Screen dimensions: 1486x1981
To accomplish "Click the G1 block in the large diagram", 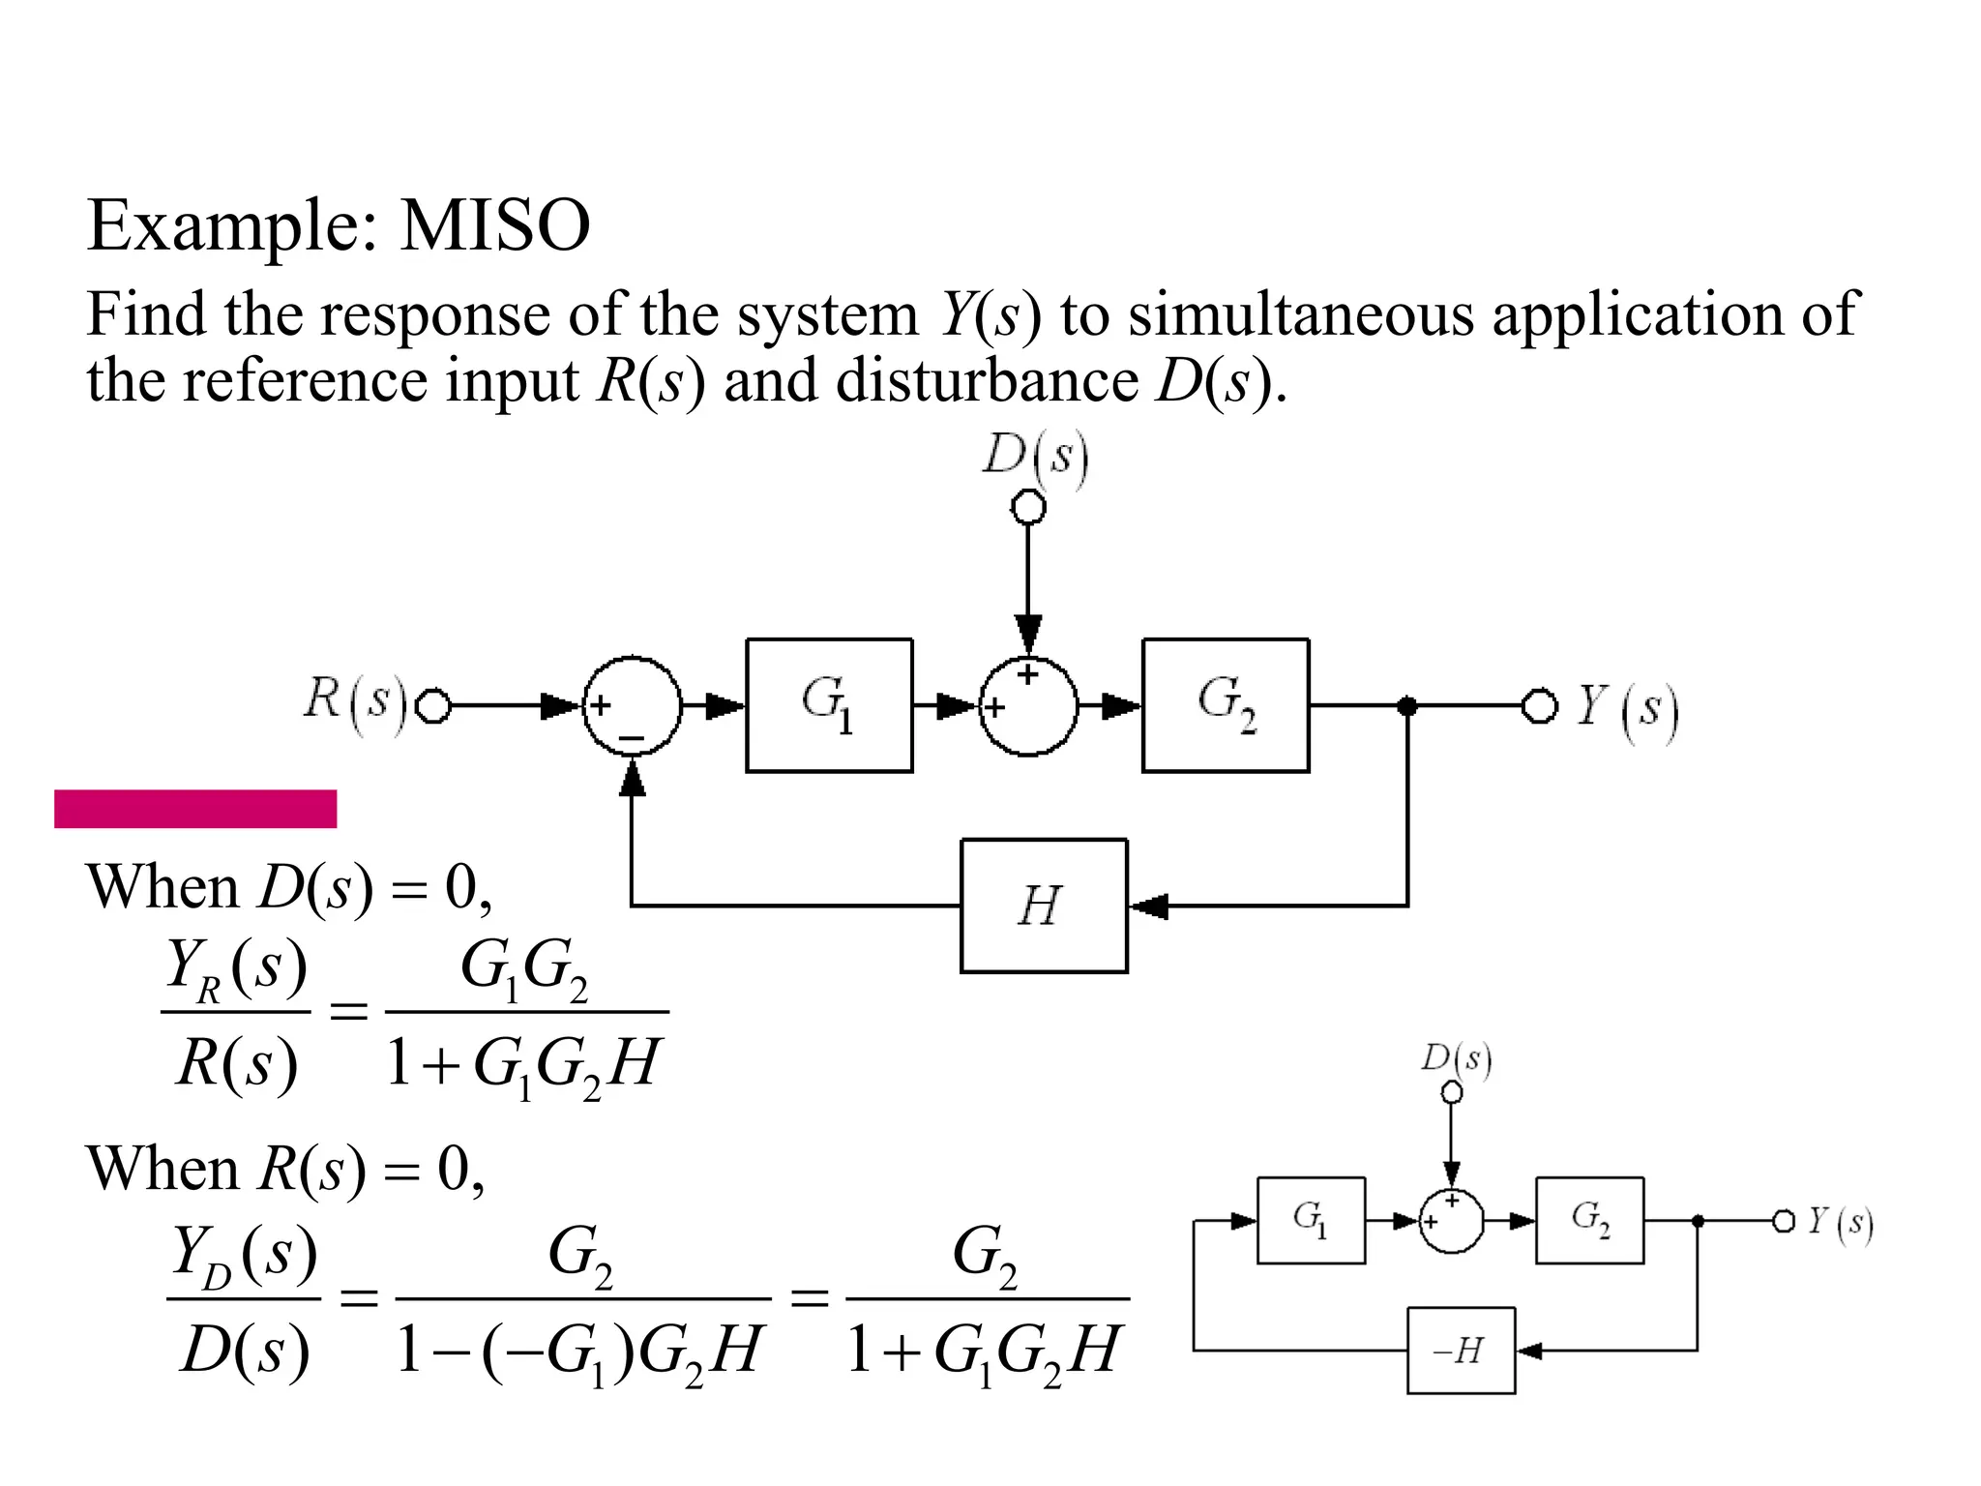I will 829,705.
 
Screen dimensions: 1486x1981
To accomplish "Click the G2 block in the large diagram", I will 1226,705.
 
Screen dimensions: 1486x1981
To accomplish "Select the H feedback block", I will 1044,906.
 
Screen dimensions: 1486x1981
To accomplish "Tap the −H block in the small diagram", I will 1461,1351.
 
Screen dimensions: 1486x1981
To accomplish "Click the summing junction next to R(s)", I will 632,706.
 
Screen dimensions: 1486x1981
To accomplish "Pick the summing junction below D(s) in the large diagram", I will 1028,706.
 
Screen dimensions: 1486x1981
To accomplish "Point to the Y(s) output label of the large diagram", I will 1627,708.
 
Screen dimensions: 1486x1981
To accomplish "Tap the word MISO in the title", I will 494,226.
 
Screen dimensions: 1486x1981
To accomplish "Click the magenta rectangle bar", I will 195,809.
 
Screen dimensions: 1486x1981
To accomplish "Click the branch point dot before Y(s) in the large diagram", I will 1407,706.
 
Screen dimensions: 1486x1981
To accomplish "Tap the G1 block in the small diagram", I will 1311,1220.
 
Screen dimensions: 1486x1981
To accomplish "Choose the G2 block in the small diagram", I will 1589,1220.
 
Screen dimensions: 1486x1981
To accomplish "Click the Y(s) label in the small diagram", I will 1840,1223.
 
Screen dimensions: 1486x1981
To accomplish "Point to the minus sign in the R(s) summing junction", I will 631,739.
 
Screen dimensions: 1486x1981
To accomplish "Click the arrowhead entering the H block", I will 1148,906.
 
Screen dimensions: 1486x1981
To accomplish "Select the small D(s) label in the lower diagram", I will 1456,1059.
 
